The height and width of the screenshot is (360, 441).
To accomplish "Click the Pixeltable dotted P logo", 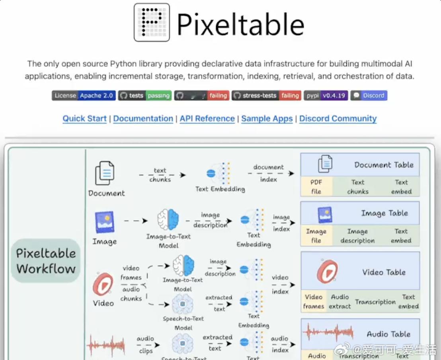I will [152, 22].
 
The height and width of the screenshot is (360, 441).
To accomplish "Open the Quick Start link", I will [84, 119].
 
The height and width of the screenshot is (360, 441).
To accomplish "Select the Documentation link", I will [143, 119].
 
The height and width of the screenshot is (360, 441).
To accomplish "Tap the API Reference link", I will [207, 119].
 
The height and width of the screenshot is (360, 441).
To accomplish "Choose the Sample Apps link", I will [267, 119].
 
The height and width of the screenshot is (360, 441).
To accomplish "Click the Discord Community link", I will [338, 119].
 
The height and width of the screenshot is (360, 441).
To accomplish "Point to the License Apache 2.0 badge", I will [84, 96].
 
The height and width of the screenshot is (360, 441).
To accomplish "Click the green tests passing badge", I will [144, 96].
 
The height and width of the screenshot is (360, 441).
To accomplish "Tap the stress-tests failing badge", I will [266, 96].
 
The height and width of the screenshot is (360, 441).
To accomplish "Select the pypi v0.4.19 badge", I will [326, 96].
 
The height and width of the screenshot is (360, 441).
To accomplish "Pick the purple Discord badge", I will [369, 96].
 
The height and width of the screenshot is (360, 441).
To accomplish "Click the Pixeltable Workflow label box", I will [46, 261].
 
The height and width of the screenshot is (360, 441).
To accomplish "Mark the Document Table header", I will [384, 165].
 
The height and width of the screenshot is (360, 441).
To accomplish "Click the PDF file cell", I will [316, 187].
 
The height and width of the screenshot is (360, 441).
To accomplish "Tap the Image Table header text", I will [384, 213].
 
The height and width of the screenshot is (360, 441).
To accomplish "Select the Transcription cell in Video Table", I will [375, 302].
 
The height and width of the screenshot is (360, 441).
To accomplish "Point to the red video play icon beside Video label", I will [103, 284].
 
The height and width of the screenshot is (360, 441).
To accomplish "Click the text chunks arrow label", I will [160, 175].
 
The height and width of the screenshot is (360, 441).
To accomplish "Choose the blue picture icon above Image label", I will [105, 222].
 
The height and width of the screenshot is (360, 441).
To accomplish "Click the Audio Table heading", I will [388, 334].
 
